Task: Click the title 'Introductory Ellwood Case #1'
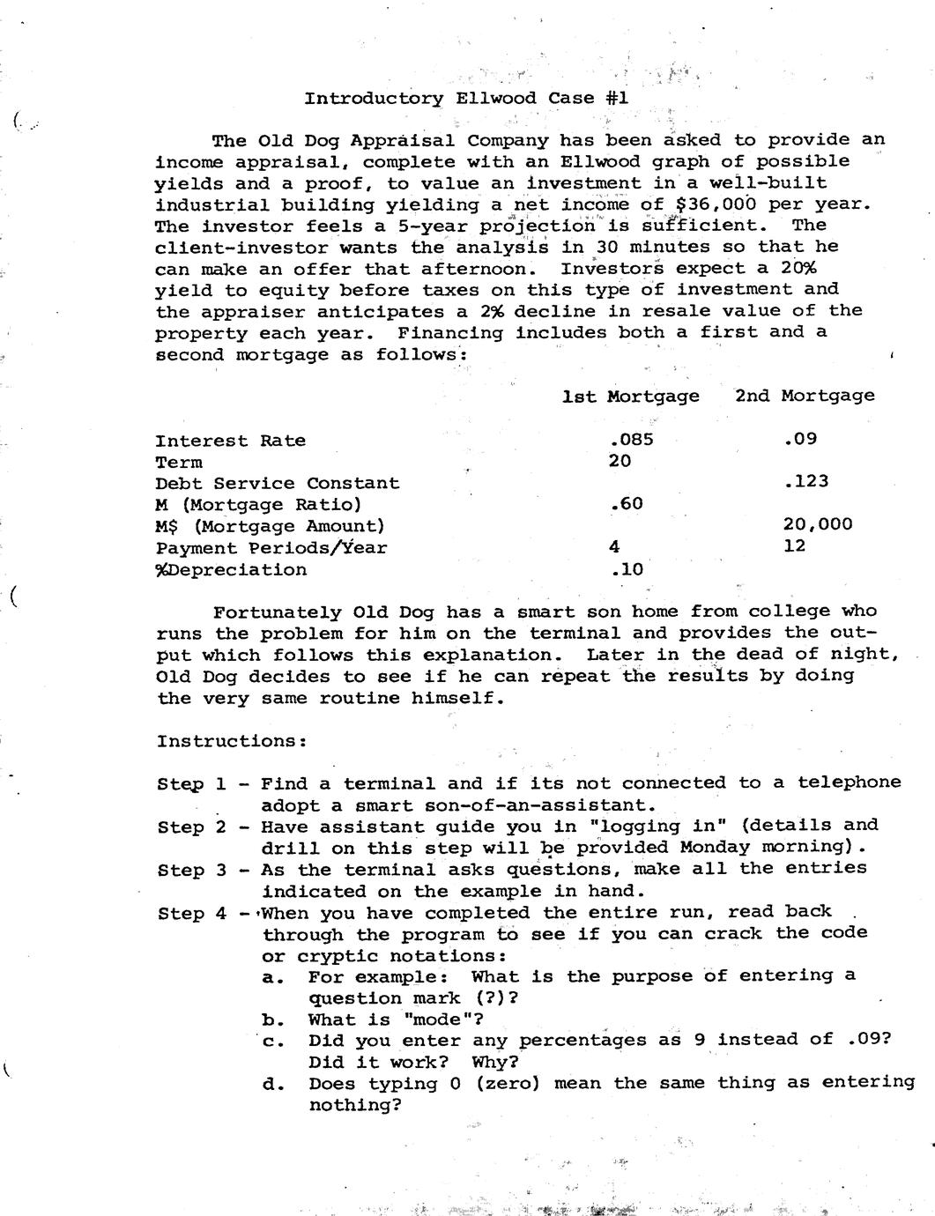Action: [x=466, y=98]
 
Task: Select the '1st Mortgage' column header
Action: [x=630, y=396]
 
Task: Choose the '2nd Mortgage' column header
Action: [x=805, y=396]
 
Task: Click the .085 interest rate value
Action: [x=631, y=440]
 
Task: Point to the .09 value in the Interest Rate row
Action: [x=799, y=439]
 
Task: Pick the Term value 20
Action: [x=620, y=461]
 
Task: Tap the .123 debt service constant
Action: [x=805, y=481]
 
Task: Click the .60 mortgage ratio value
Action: [x=626, y=504]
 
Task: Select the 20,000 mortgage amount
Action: [x=817, y=524]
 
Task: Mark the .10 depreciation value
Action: [x=626, y=569]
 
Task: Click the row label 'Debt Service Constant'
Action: [x=277, y=483]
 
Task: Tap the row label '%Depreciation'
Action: [x=231, y=569]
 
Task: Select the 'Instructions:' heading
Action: [x=232, y=741]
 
